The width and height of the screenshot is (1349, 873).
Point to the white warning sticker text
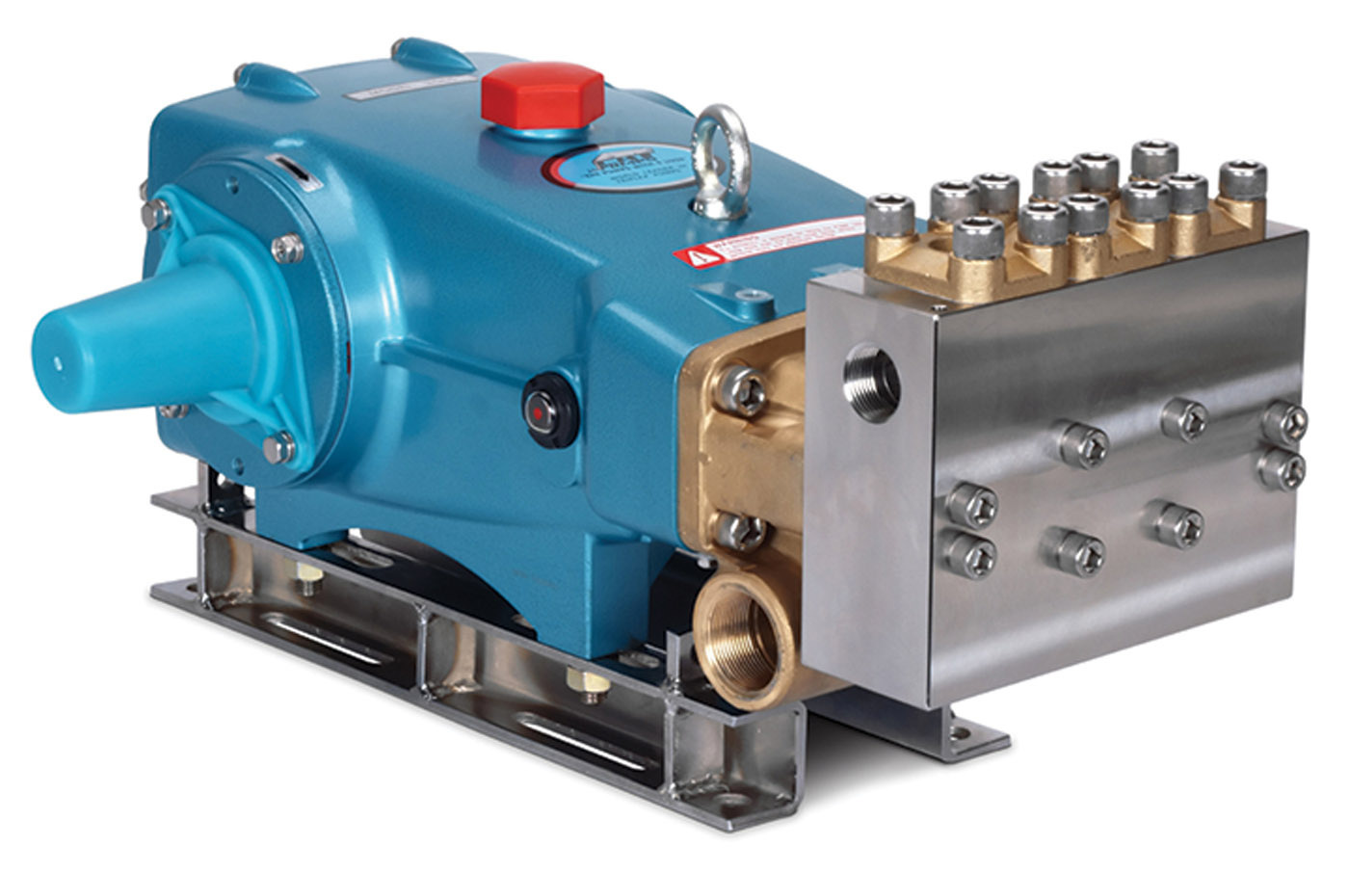[x=771, y=241]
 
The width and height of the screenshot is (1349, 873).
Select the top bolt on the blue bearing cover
[x=288, y=249]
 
